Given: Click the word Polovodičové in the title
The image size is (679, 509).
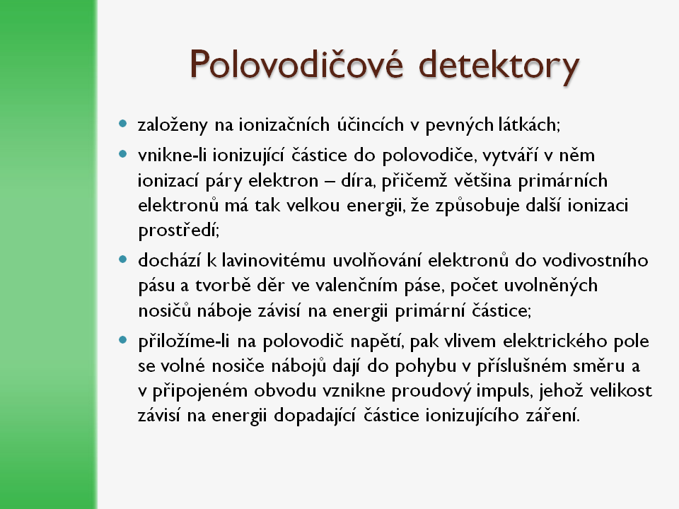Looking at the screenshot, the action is click(x=296, y=64).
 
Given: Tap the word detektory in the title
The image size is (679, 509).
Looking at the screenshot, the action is click(x=499, y=66).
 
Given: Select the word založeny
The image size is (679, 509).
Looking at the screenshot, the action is click(x=173, y=125).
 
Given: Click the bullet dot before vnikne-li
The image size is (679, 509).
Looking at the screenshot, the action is click(x=123, y=153).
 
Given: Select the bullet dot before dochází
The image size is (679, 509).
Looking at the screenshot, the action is click(x=123, y=259).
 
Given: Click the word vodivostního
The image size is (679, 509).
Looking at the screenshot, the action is click(x=596, y=260).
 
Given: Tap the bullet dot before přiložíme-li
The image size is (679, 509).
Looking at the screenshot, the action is click(x=123, y=340).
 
